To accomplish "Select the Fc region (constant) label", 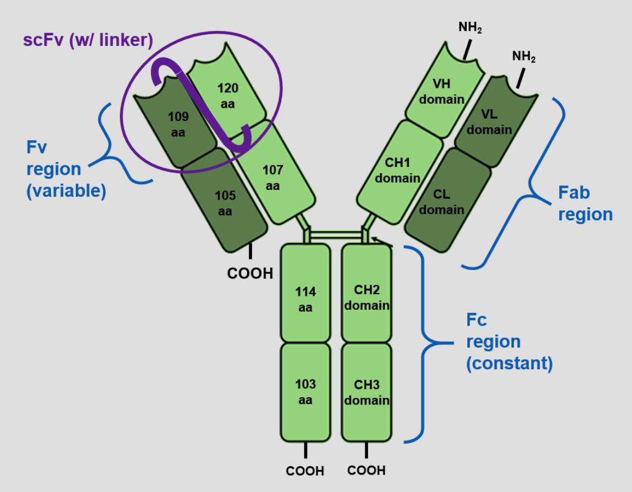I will (x=509, y=342).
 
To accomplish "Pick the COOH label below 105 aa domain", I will (x=249, y=273).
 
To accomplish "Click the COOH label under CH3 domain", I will (x=366, y=470).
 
